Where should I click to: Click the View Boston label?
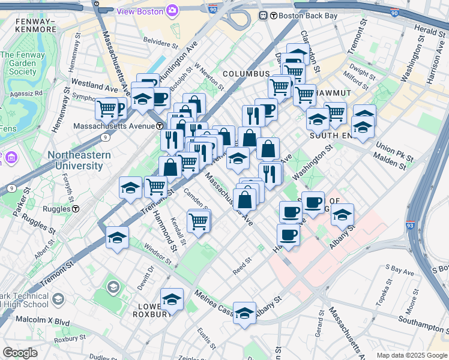pyautogui.click(x=141, y=11)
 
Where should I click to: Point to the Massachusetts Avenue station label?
pyautogui.click(x=118, y=126)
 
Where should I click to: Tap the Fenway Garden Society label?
pyautogui.click(x=19, y=63)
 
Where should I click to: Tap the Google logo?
pyautogui.click(x=20, y=352)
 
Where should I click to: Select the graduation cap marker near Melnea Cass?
pyautogui.click(x=244, y=313)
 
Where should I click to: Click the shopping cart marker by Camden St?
pyautogui.click(x=199, y=221)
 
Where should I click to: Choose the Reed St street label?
pyautogui.click(x=242, y=264)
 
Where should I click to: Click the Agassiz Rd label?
pyautogui.click(x=30, y=93)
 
